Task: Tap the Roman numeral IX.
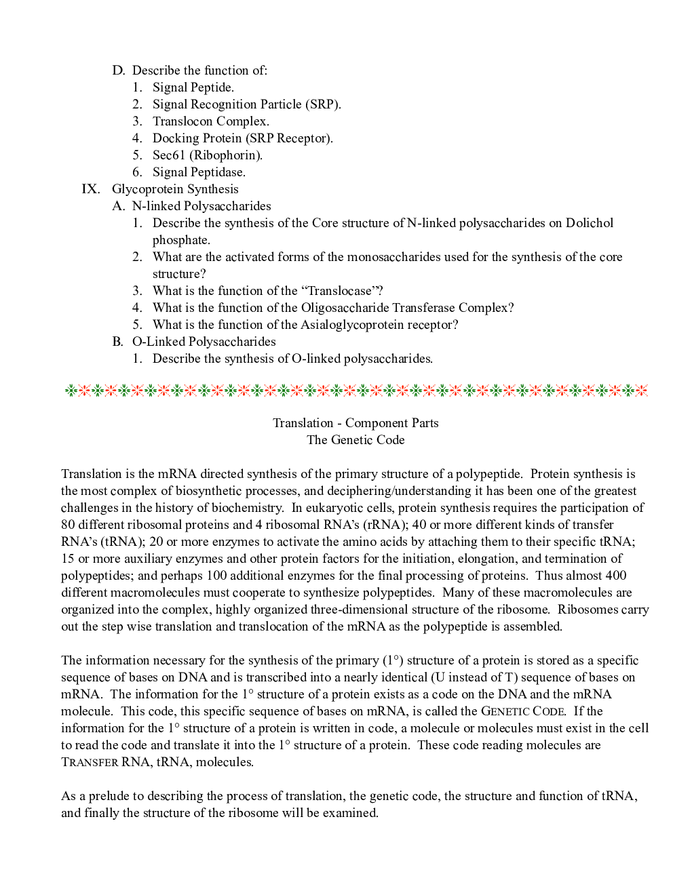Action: point(90,189)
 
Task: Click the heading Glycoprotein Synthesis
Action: point(175,189)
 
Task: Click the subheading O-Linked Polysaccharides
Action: point(204,342)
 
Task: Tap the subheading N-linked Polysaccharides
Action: point(201,206)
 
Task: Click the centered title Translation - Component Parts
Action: point(355,423)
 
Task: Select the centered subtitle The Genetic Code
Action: point(355,440)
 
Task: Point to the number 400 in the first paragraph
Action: point(615,576)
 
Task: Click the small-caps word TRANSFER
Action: point(90,762)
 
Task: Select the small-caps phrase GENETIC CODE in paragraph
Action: point(522,711)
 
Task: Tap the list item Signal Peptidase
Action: point(199,172)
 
